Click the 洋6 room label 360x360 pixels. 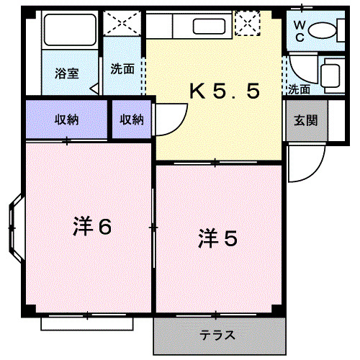[91, 227]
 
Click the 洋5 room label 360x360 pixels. [217, 239]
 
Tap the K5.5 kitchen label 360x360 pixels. [223, 91]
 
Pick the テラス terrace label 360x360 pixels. [217, 336]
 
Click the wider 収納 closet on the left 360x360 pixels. [66, 120]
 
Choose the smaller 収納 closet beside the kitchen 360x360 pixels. [131, 120]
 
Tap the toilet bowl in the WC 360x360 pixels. [325, 32]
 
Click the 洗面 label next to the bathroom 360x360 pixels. [122, 70]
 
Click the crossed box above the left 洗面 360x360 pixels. [123, 24]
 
